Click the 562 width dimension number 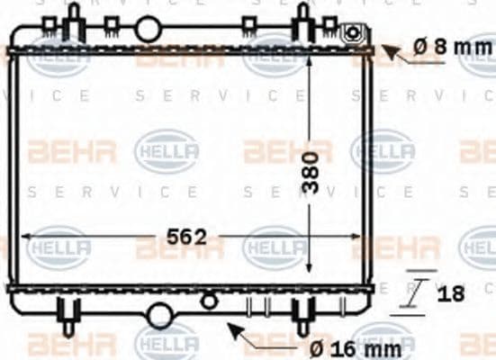point(187,237)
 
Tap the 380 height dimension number point(311,171)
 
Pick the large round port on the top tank point(148,30)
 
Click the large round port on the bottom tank point(160,314)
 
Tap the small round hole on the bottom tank point(210,300)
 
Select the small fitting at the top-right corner point(354,34)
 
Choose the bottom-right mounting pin point(303,315)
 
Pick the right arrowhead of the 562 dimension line point(357,237)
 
